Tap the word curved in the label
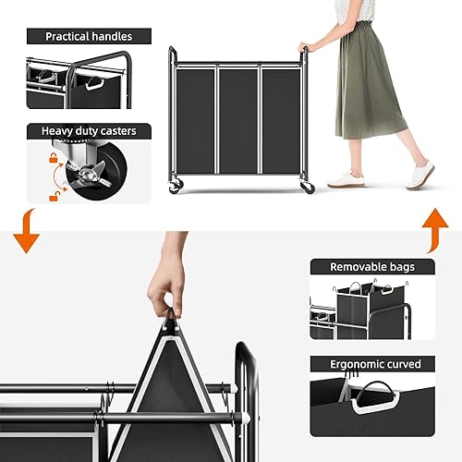click(407, 364)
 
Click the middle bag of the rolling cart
click(237, 119)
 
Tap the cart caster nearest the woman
click(308, 188)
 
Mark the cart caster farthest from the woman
click(174, 188)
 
